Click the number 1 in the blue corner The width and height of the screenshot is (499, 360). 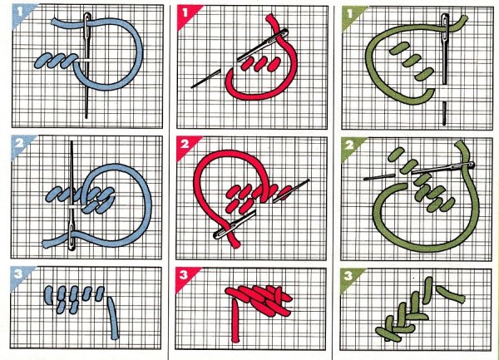click(20, 12)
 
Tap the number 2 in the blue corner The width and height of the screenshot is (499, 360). click(19, 144)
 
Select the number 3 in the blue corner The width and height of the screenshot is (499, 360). click(19, 274)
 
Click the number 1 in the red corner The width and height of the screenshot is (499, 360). click(185, 12)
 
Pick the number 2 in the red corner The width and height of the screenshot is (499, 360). click(185, 145)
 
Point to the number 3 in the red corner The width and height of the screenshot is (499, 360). click(184, 274)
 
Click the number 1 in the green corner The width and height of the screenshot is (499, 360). click(350, 13)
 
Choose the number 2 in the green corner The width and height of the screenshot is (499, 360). click(349, 145)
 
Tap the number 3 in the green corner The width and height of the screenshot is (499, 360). click(348, 275)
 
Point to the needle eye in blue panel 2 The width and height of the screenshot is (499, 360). click(72, 236)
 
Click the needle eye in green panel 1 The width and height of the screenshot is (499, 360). click(445, 24)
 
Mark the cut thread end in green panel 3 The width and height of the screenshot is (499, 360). click(462, 298)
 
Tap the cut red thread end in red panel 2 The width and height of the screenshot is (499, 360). click(236, 244)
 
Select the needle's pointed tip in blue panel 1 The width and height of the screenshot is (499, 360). click(86, 118)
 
